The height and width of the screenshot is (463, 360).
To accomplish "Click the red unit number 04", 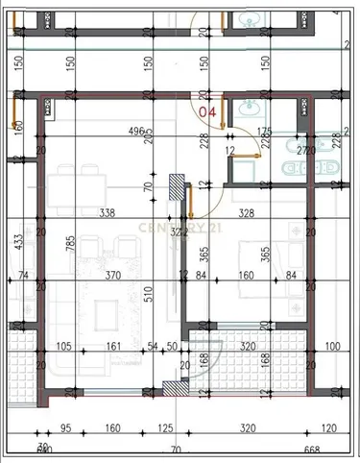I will point(206,111).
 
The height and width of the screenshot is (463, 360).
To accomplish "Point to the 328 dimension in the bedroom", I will point(248,214).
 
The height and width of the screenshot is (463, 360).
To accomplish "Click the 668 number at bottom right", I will point(310,450).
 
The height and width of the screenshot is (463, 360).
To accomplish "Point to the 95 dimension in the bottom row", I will point(67,429).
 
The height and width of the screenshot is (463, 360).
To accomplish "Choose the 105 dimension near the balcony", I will point(65,347).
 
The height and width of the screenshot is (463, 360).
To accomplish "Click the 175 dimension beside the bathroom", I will point(265,133).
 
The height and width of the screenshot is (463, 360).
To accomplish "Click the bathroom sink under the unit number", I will point(247,108).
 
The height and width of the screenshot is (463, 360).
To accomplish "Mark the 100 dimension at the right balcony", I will point(332,347).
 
